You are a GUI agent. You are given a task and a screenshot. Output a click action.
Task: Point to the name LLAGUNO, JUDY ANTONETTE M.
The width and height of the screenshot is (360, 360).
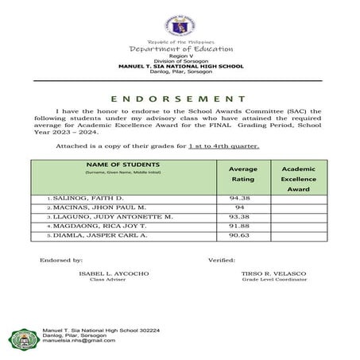111,216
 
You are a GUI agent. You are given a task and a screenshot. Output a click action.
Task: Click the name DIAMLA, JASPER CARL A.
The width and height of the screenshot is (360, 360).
97,236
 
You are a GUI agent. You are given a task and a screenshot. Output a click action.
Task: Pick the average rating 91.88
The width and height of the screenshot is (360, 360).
239,226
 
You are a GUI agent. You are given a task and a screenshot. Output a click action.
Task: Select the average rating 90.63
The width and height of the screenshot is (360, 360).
239,236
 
